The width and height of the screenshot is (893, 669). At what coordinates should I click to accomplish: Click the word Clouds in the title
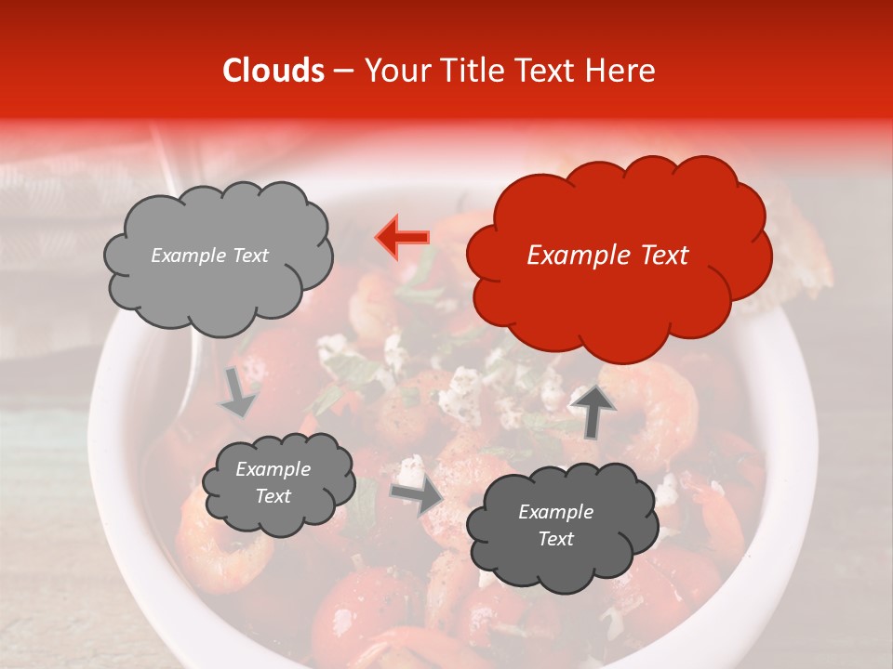[x=273, y=72]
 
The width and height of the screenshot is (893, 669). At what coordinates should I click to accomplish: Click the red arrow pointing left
[x=402, y=237]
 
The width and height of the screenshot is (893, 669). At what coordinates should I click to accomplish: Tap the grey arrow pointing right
[x=416, y=497]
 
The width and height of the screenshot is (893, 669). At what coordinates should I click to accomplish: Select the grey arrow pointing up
[x=593, y=409]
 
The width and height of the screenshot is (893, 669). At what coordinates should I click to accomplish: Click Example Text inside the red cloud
[x=607, y=256]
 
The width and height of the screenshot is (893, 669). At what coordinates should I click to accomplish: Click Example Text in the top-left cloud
[x=209, y=256]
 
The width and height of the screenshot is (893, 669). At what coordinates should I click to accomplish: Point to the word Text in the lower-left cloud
[x=273, y=496]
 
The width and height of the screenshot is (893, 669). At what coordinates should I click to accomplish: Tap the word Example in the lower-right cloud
[x=555, y=512]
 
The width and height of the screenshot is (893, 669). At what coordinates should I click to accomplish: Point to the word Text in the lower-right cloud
[x=555, y=539]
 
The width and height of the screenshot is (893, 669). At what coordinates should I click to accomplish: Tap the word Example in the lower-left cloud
[x=273, y=469]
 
